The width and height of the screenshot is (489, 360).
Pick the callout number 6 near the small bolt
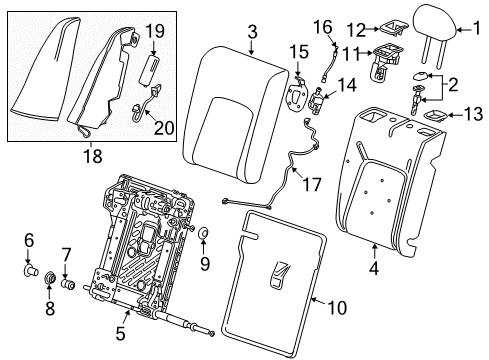click(29, 241)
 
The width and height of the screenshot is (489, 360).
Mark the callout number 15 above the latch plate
click(345, 87)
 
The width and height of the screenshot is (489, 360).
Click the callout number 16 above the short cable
click(297, 51)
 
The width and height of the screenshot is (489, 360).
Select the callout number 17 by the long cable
click(322, 24)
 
